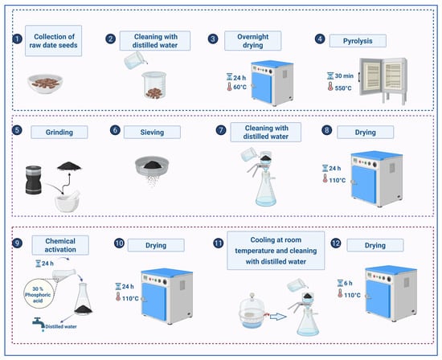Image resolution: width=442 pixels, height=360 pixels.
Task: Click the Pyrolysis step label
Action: [358, 41]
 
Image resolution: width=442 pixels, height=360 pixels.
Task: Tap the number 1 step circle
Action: [17, 39]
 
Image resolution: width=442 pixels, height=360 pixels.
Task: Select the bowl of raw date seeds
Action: [45, 84]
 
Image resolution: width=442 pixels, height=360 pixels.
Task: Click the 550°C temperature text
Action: [343, 88]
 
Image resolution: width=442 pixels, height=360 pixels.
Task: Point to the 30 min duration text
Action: [344, 76]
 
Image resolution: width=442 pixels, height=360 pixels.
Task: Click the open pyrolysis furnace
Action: [383, 81]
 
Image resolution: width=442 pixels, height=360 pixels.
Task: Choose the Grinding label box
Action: [59, 133]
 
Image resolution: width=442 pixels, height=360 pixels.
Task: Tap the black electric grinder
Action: [34, 180]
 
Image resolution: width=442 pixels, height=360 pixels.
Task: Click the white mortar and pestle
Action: [68, 201]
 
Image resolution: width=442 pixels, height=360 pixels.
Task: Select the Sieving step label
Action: [152, 133]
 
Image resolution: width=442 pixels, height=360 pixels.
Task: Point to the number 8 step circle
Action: [327, 130]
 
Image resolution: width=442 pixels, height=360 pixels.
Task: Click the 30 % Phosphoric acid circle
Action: [38, 294]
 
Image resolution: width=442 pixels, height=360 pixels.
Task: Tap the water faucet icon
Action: [39, 323]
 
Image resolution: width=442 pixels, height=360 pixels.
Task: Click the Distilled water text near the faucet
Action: [61, 327]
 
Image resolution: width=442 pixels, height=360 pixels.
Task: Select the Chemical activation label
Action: [60, 245]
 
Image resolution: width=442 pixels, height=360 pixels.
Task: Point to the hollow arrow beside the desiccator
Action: [278, 317]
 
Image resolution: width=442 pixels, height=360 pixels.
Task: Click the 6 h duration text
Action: [348, 283]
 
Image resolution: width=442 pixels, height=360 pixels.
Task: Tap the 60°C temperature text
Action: [240, 87]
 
